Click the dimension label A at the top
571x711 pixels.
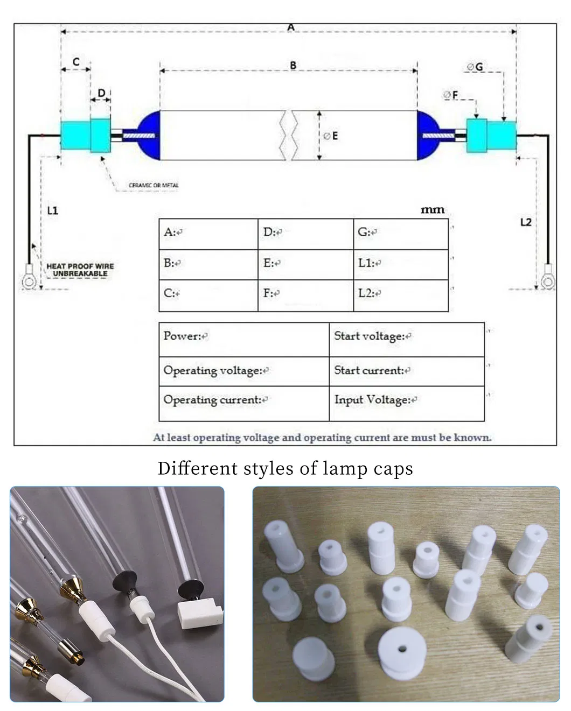click(x=291, y=27)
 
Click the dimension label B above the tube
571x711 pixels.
click(x=293, y=65)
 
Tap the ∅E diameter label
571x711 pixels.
click(x=330, y=136)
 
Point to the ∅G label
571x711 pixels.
click(x=475, y=67)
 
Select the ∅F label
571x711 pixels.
click(x=450, y=95)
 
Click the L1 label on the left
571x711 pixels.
click(x=52, y=210)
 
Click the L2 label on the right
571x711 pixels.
click(x=526, y=222)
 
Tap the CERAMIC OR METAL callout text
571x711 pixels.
click(x=154, y=185)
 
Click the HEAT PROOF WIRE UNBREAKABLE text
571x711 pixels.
click(x=80, y=270)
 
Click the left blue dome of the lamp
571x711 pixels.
click(x=149, y=135)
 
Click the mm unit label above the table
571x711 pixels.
click(x=432, y=209)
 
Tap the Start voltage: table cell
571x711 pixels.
click(x=406, y=339)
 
